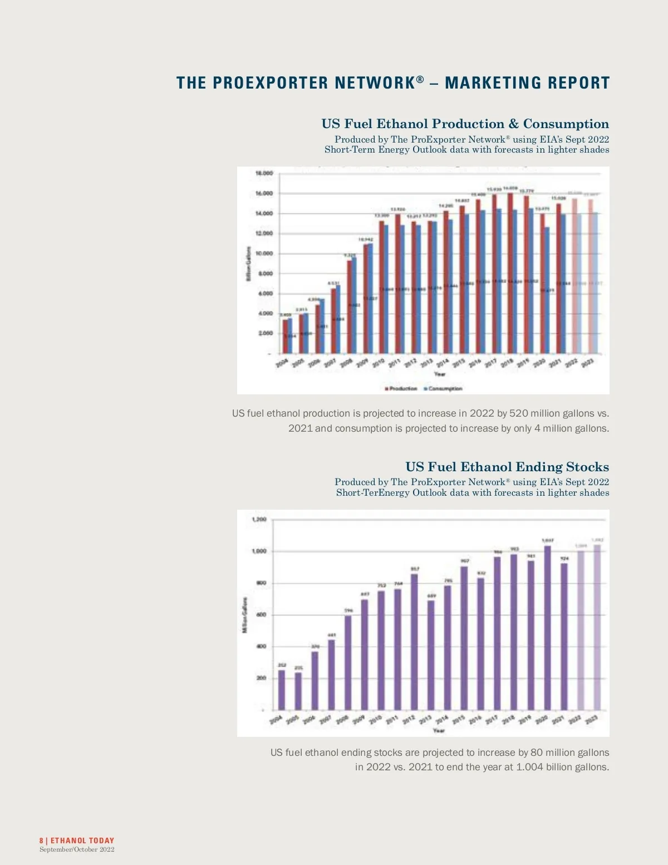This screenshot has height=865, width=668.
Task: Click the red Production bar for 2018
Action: pyautogui.click(x=510, y=273)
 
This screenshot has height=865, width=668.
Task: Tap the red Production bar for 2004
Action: pyautogui.click(x=285, y=336)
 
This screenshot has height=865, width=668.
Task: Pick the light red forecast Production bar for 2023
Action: pyautogui.click(x=591, y=276)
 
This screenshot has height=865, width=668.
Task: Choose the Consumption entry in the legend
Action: pyautogui.click(x=444, y=388)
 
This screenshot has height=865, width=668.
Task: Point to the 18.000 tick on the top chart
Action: pyautogui.click(x=264, y=173)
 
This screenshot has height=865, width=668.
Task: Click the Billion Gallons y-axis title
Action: pyautogui.click(x=249, y=264)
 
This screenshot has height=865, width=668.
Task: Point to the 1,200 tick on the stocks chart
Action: pyautogui.click(x=259, y=520)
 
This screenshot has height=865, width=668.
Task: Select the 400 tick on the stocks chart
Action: pyautogui.click(x=261, y=647)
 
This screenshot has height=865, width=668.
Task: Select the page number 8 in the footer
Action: pyautogui.click(x=41, y=840)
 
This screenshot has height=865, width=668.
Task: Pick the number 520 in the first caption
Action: pyautogui.click(x=518, y=413)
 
